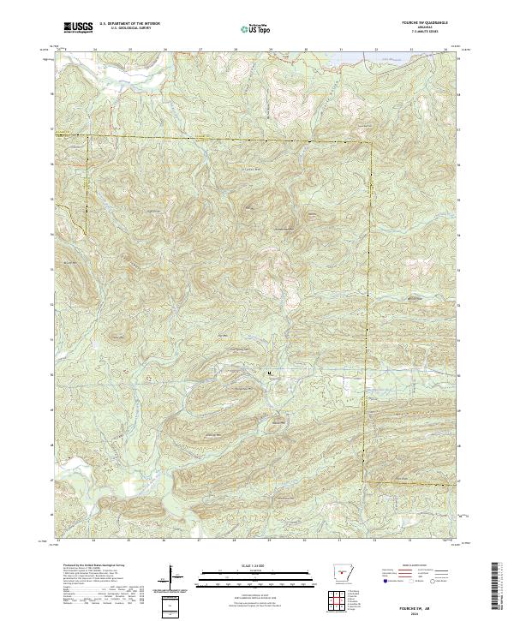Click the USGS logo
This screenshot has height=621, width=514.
point(78,28)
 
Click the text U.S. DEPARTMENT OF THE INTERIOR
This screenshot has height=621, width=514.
point(129,25)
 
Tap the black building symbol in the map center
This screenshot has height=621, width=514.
point(270,373)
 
